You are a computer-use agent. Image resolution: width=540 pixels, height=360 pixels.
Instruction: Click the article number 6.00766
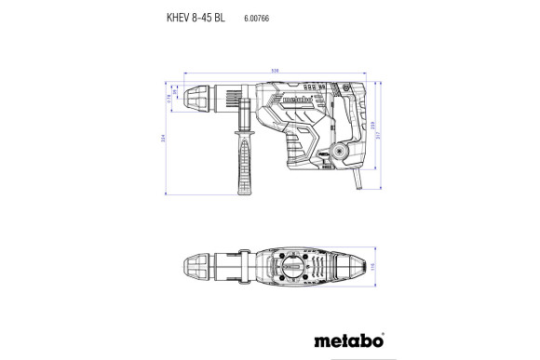257,18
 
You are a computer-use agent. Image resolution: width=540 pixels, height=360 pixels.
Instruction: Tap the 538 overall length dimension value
275,70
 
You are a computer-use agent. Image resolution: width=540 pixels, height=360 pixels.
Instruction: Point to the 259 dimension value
371,126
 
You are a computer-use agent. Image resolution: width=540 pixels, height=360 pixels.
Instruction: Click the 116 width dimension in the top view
371,268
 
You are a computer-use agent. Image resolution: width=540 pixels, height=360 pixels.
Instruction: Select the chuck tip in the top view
197,268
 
